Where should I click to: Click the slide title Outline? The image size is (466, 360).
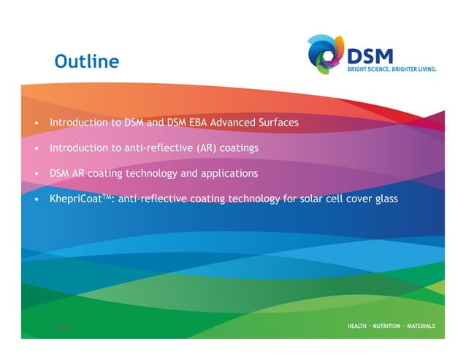tap(86, 61)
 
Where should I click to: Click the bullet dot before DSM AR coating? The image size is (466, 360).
tap(36, 174)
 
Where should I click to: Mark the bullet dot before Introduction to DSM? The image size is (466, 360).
tap(36, 123)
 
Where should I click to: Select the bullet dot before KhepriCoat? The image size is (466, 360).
tap(36, 199)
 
